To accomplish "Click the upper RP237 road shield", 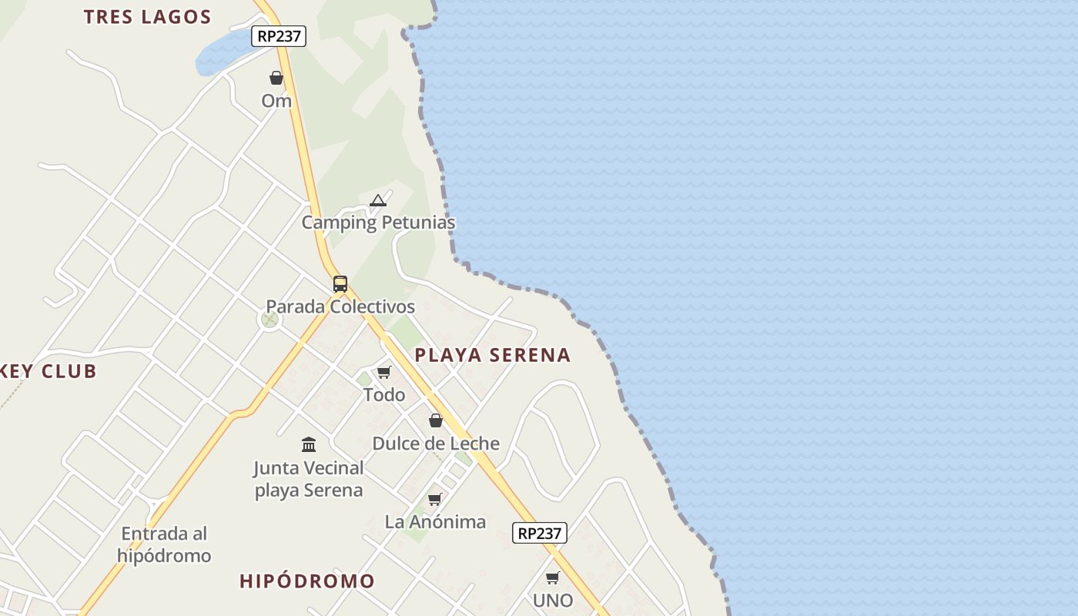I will click(279, 36).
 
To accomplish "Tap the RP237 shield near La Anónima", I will click(540, 533).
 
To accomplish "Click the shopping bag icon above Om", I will click(276, 78).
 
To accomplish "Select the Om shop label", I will click(276, 101).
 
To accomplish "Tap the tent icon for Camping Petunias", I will click(377, 201).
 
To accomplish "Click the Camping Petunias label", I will click(378, 223).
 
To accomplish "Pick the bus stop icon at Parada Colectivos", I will click(340, 284).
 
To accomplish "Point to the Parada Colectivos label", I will click(340, 306).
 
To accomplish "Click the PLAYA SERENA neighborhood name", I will click(493, 355).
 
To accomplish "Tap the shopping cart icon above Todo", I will click(383, 373).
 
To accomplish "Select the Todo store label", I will click(383, 395).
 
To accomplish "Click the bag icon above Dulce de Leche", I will click(436, 420).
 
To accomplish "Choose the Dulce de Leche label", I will click(436, 444).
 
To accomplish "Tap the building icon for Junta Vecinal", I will click(309, 444).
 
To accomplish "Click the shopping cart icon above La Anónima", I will click(435, 500).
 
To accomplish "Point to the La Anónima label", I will click(435, 522).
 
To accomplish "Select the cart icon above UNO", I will click(552, 577).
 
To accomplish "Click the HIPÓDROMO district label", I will click(307, 581).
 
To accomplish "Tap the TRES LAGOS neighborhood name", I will click(147, 17).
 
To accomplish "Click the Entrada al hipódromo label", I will click(164, 544).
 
